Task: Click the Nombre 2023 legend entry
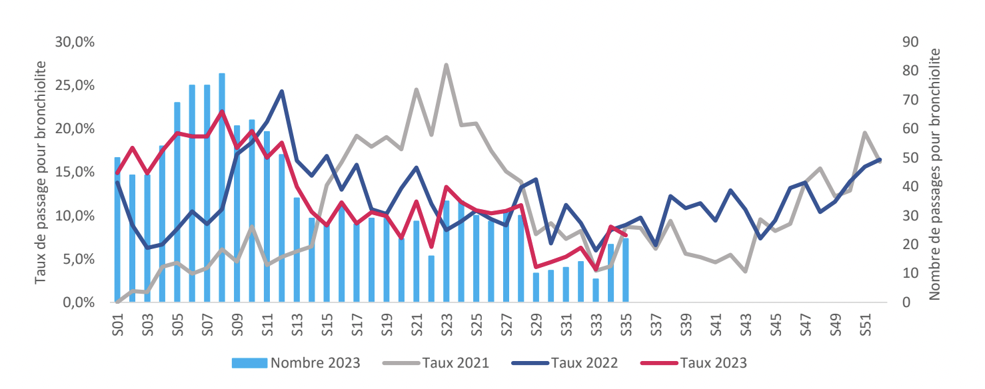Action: (296, 363)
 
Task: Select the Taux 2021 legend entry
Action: (436, 363)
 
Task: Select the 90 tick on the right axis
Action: (910, 42)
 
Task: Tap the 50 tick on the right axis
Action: (910, 158)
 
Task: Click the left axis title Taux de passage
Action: (42, 172)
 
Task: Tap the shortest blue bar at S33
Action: (595, 290)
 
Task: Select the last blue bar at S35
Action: (625, 270)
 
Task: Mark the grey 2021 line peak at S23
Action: (446, 65)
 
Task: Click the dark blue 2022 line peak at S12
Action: (282, 91)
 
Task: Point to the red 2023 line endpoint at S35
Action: (625, 234)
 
